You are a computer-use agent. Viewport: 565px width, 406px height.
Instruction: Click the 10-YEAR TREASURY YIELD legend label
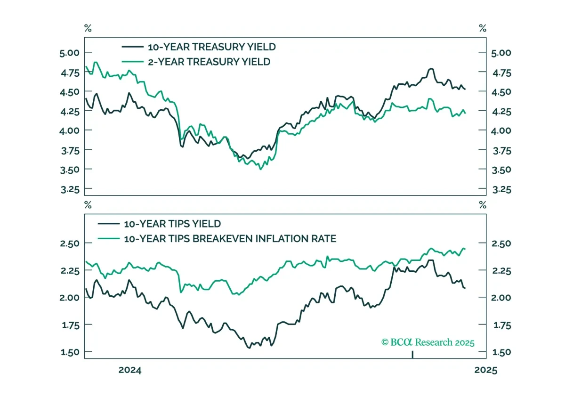tap(211, 47)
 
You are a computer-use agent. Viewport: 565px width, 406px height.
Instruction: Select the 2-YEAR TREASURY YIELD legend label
tap(209, 62)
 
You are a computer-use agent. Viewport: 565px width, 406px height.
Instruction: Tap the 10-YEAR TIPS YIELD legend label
tap(172, 224)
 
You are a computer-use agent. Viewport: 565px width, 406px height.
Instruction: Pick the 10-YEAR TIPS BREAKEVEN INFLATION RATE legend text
tap(230, 239)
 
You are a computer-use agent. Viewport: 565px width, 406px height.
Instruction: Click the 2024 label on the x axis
tap(130, 370)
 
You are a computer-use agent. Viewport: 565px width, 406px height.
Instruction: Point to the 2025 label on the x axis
tap(486, 370)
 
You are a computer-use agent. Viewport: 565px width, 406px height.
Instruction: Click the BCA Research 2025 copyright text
tap(428, 342)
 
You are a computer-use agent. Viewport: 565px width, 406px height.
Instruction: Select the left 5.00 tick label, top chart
tap(69, 53)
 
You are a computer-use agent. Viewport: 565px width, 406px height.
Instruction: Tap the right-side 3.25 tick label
tap(502, 189)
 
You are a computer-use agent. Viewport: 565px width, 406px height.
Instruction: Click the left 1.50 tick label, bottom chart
tap(70, 352)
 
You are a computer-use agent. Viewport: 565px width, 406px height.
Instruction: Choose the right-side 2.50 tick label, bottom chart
tap(501, 244)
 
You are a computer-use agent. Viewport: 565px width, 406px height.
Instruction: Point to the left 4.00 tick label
tap(69, 131)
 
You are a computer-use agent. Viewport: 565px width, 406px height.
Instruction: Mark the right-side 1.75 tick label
tap(502, 325)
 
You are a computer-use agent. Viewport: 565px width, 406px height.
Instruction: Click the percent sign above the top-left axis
tap(88, 28)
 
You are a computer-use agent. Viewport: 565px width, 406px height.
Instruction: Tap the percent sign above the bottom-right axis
tap(483, 205)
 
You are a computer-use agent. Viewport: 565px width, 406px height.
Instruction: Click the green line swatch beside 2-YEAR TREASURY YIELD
tap(133, 62)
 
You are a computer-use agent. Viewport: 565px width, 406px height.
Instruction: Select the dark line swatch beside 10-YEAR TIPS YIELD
tap(109, 224)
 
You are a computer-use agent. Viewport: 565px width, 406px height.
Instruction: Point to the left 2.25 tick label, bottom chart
tap(70, 271)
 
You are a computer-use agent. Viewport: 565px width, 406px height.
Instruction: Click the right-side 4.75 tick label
tap(502, 73)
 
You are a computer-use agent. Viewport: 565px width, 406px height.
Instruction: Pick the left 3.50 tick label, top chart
tap(70, 170)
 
